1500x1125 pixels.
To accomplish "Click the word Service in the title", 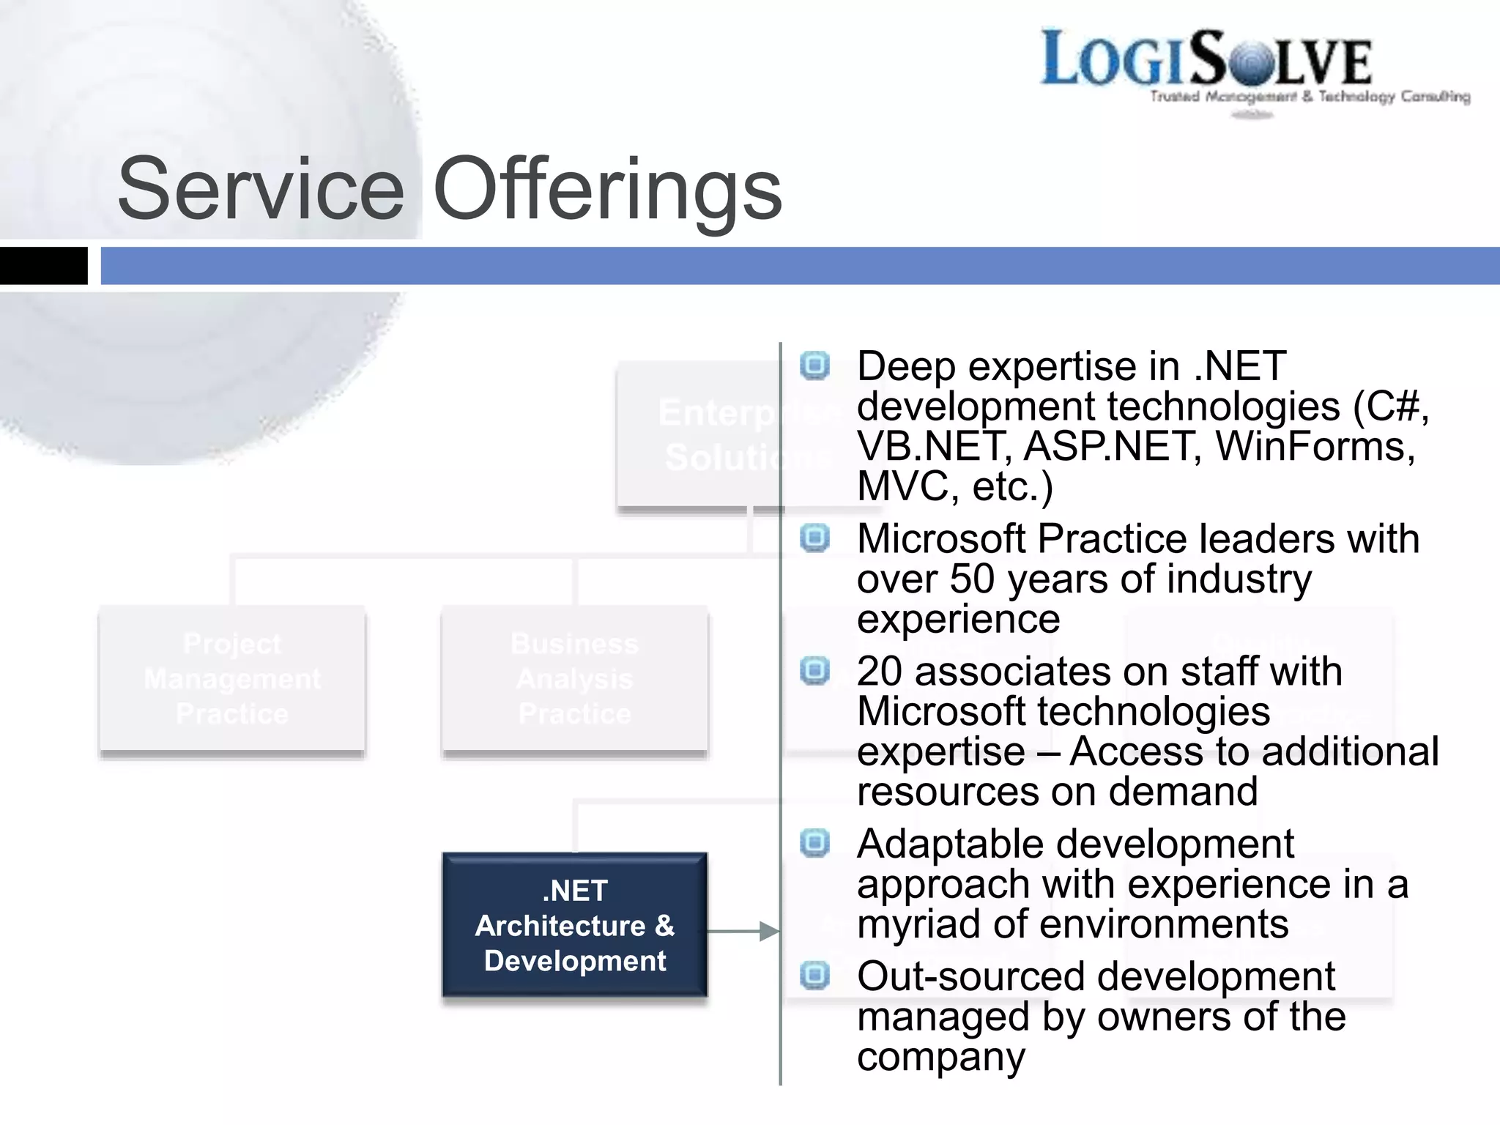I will tap(261, 189).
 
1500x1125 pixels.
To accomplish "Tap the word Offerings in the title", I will tap(608, 189).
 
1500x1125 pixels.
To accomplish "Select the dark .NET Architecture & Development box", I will tap(575, 925).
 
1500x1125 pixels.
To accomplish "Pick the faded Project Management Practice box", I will tap(232, 679).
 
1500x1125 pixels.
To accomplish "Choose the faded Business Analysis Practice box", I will tap(575, 679).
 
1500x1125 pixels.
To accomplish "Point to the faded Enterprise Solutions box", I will tap(699, 434).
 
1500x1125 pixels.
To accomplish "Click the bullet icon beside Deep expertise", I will tap(814, 365).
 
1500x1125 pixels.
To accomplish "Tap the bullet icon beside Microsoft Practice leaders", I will tap(814, 538).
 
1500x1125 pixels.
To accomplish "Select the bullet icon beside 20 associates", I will tap(814, 670).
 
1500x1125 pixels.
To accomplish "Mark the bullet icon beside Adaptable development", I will tap(814, 843).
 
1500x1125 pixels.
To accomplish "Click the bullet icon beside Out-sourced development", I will tap(814, 976).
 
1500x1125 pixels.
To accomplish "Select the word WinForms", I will tap(1315, 446).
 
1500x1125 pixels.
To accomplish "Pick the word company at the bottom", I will tap(941, 1057).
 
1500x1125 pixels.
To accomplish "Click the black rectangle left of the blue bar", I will tap(43, 265).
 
